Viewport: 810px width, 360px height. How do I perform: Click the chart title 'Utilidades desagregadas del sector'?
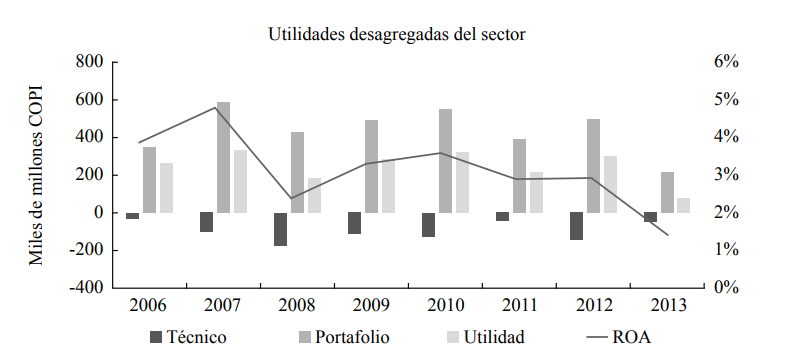point(396,34)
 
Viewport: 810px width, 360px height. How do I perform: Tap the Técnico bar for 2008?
point(280,229)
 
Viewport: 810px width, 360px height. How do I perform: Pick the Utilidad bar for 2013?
point(683,205)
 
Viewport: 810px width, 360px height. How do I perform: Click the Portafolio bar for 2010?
point(445,161)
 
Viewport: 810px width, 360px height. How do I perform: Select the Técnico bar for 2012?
point(576,226)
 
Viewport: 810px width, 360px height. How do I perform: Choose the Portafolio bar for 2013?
point(667,193)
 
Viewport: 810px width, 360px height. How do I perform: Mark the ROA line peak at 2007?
point(215,107)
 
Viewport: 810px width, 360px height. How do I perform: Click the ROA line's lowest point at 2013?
point(667,235)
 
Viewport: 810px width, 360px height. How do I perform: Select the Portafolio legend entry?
point(341,336)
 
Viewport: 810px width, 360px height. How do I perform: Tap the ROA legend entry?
point(614,336)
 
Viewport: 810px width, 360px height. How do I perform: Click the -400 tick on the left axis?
point(84,287)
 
